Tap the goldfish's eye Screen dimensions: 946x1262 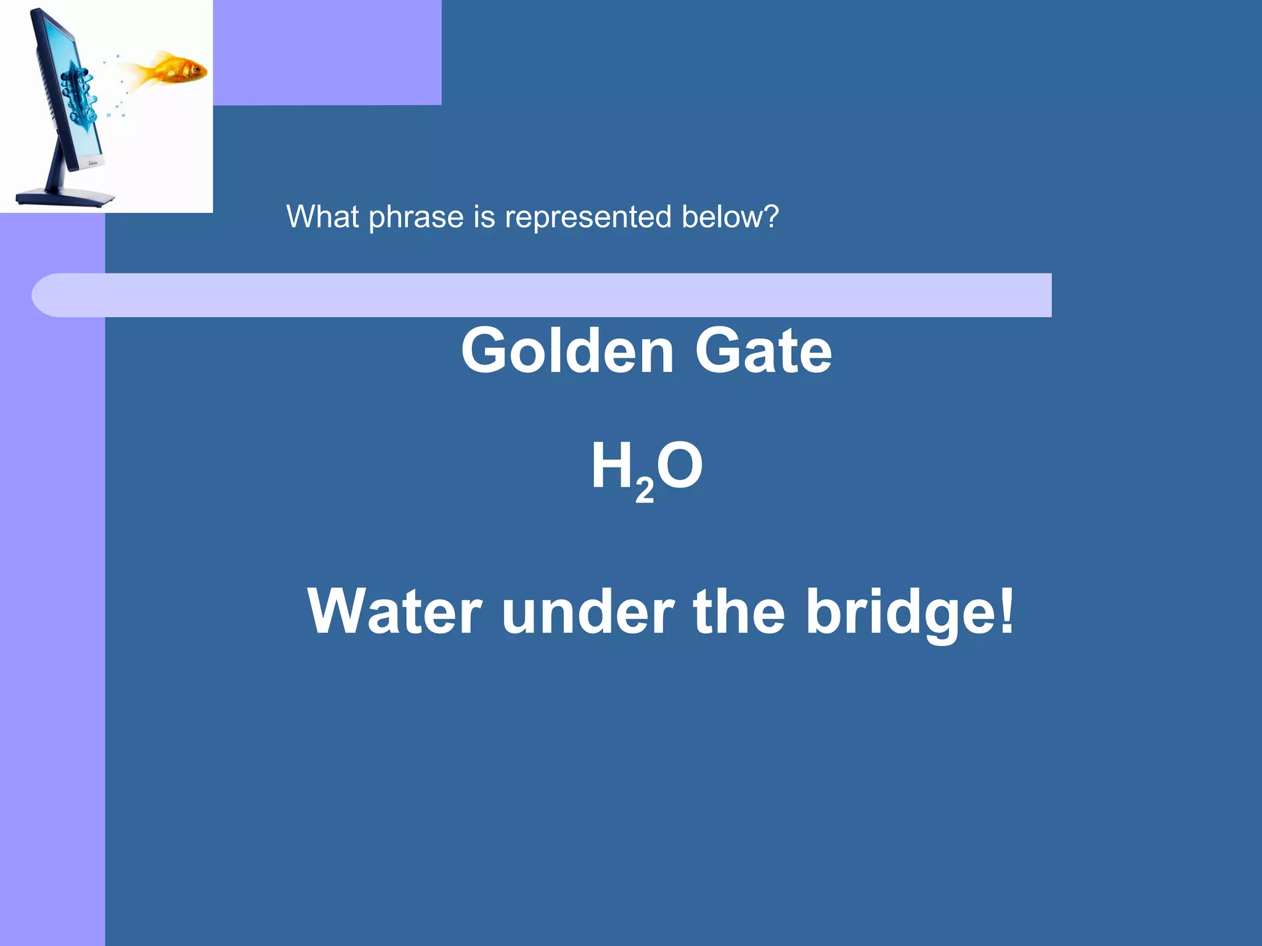(x=197, y=68)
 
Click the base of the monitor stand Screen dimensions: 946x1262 (x=65, y=198)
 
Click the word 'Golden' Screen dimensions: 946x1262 (x=568, y=350)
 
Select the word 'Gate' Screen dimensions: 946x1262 (x=763, y=350)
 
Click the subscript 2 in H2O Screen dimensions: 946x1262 (x=644, y=491)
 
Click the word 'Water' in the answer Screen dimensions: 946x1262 (x=394, y=612)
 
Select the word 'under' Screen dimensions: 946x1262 (x=588, y=612)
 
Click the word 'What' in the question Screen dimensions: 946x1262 (x=322, y=217)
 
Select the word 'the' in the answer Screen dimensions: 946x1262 (x=739, y=612)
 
